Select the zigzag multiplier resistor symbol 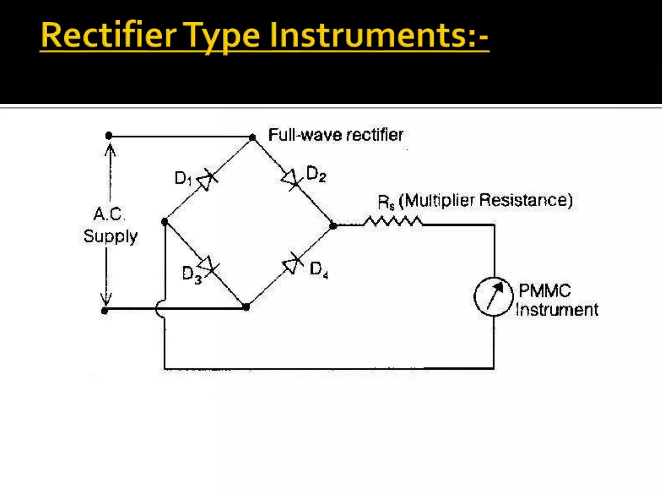pos(392,222)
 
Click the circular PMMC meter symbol pos(494,296)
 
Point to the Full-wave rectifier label pos(336,135)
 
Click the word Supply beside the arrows pos(111,236)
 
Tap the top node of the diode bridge pos(253,138)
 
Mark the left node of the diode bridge pos(165,222)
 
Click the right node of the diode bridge pos(333,226)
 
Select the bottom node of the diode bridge pos(246,307)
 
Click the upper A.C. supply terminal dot pos(109,136)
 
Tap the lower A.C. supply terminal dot pos(104,311)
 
